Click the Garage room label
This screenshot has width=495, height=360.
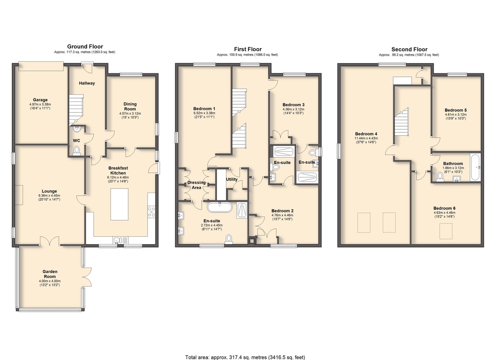coord(40,100)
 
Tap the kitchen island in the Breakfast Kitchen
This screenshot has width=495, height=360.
coord(119,204)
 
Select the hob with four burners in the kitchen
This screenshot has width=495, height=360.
coord(151,212)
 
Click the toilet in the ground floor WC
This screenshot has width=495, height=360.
coord(77,151)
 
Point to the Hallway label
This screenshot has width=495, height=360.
coord(87,83)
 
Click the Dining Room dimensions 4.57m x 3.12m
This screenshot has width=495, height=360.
coord(130,113)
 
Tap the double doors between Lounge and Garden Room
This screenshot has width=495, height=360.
coord(50,241)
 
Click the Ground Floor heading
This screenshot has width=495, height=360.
coord(85,47)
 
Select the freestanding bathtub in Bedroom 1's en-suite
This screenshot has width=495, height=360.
coord(219,207)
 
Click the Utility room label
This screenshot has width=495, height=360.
coord(231,179)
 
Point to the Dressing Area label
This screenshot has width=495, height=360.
coord(196,185)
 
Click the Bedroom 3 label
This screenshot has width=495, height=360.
coord(293,105)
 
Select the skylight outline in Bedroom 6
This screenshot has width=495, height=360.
coord(446,231)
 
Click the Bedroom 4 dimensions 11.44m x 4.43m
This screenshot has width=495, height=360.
coord(366,138)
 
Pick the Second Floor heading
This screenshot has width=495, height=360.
coord(409,49)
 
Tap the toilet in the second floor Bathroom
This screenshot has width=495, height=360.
coord(440,177)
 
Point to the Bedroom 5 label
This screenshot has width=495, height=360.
coord(456,110)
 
